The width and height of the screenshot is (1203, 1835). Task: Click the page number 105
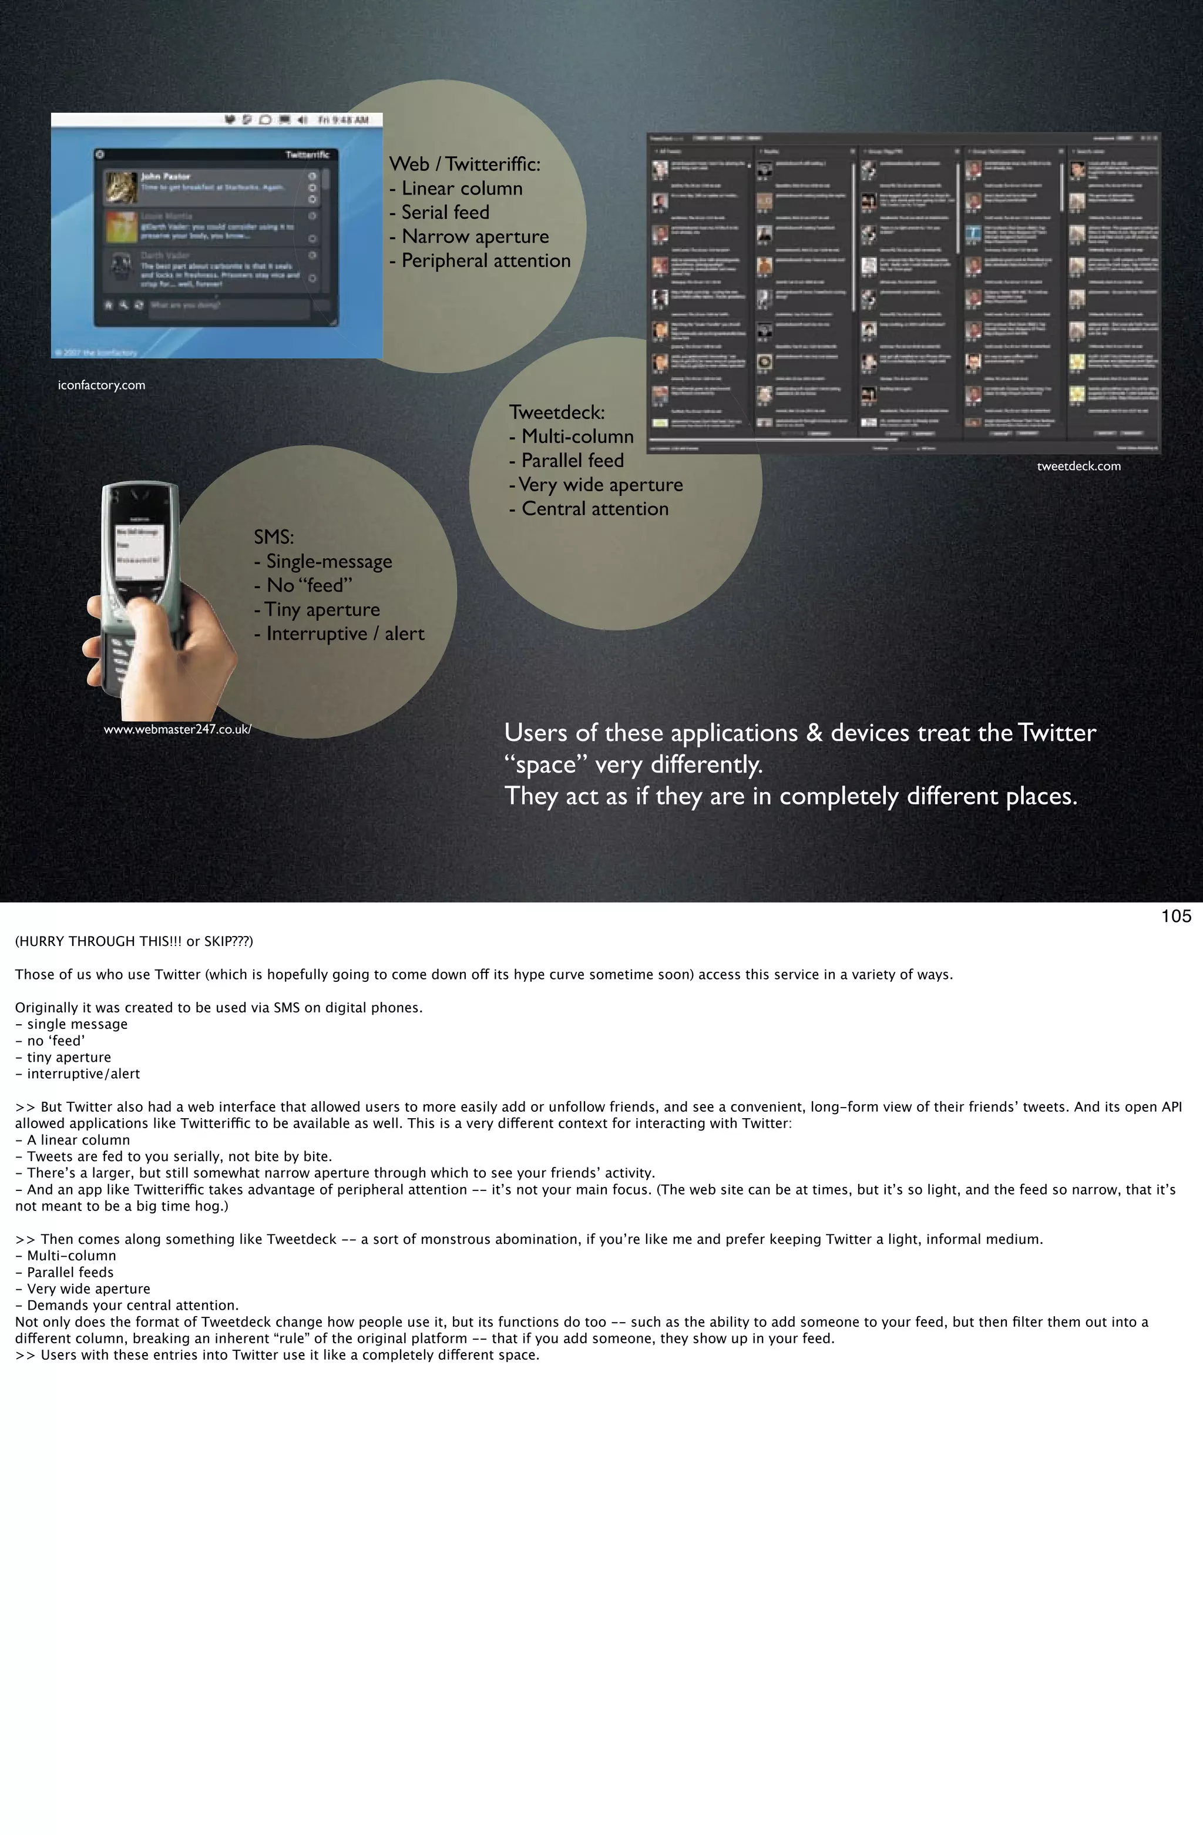[x=1175, y=916]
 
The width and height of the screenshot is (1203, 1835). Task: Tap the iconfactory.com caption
[x=101, y=385]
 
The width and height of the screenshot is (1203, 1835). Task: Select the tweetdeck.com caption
[x=1078, y=466]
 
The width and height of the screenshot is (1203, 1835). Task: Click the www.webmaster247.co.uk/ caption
[x=177, y=729]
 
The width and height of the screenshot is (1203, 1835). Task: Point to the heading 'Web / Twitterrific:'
[x=465, y=163]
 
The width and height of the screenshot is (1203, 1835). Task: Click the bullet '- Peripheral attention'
[x=480, y=261]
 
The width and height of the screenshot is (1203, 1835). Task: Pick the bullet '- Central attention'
[x=589, y=509]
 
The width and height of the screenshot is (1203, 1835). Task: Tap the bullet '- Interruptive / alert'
[x=339, y=634]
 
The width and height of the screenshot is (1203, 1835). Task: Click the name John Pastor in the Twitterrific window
[x=165, y=176]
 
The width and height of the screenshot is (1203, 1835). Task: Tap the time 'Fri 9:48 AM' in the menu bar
[x=344, y=120]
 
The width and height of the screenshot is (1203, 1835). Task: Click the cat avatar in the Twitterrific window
[x=120, y=187]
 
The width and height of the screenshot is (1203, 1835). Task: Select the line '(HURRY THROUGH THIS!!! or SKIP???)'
[x=133, y=941]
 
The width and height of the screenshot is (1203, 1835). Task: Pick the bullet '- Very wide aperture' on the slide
[x=596, y=484]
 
